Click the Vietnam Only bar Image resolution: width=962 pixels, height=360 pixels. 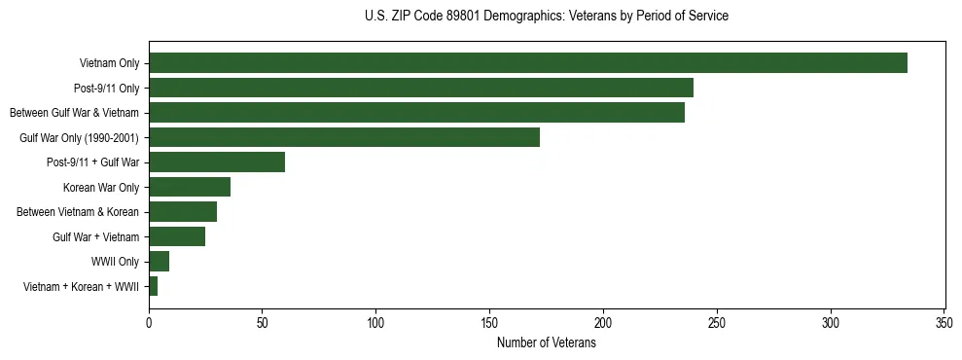(528, 63)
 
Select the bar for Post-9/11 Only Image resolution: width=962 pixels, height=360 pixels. (421, 88)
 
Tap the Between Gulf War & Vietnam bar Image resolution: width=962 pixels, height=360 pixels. (416, 113)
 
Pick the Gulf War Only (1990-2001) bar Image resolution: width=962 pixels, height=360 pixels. (344, 137)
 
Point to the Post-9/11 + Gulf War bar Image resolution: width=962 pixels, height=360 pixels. (217, 162)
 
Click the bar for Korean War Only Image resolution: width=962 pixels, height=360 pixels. (190, 187)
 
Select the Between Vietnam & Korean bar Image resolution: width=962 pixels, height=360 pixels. (183, 212)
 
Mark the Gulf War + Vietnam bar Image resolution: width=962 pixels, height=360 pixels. (177, 236)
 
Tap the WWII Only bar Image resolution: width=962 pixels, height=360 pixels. (159, 262)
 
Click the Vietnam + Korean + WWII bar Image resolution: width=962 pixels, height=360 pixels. (154, 286)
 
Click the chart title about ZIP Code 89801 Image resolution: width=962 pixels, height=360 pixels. (547, 17)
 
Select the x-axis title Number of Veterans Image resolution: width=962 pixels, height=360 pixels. (547, 343)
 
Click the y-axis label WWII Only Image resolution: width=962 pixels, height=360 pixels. (115, 262)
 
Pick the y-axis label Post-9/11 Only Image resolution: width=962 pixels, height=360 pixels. (107, 88)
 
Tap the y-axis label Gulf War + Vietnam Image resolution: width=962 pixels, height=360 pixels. (95, 236)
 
